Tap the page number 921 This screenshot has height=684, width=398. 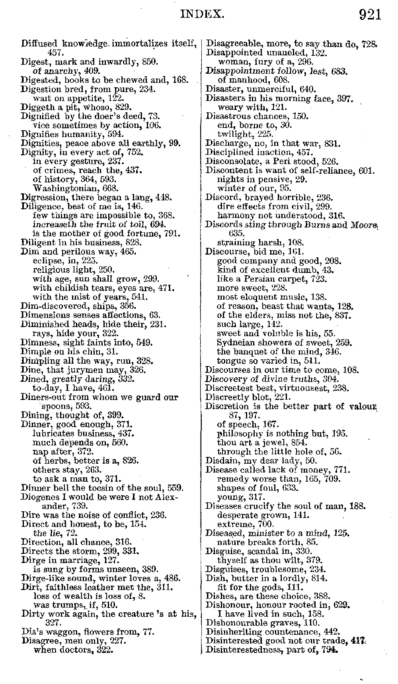point(370,15)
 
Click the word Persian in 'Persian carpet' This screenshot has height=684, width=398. point(254,279)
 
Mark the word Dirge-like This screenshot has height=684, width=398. point(41,578)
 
